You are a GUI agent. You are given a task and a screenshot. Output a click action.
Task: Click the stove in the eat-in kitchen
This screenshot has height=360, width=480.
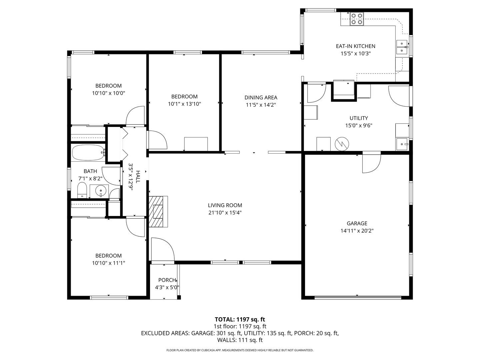(357, 19)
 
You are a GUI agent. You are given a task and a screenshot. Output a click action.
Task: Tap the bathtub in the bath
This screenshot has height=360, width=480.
(88, 152)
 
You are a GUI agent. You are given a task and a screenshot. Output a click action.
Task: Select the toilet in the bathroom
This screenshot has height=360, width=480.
(82, 191)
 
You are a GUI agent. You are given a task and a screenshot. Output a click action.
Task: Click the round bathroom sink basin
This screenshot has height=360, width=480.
(100, 191)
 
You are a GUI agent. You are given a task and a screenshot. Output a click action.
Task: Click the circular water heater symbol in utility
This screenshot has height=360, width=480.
(342, 144)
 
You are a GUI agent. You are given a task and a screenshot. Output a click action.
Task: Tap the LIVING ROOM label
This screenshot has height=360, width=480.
(225, 205)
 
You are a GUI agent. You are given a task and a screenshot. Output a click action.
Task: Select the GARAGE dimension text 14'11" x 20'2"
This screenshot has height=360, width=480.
(357, 231)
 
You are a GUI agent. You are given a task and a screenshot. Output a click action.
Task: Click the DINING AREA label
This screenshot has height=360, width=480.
(261, 97)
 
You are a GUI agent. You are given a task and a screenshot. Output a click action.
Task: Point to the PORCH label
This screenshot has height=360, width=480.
(167, 280)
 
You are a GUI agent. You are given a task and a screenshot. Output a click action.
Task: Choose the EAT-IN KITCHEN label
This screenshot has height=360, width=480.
(355, 46)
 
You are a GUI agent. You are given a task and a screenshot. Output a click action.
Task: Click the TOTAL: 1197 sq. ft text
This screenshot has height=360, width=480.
(240, 319)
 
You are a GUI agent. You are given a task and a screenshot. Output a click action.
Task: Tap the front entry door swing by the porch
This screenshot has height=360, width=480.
(163, 249)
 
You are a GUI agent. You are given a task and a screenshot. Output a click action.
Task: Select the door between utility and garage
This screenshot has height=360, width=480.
(371, 163)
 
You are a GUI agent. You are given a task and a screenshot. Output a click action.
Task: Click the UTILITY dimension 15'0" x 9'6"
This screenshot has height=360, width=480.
(359, 126)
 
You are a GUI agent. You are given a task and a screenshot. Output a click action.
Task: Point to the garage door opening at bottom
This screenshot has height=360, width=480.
(358, 297)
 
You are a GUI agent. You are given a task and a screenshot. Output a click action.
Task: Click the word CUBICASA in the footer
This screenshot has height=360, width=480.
(207, 350)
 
